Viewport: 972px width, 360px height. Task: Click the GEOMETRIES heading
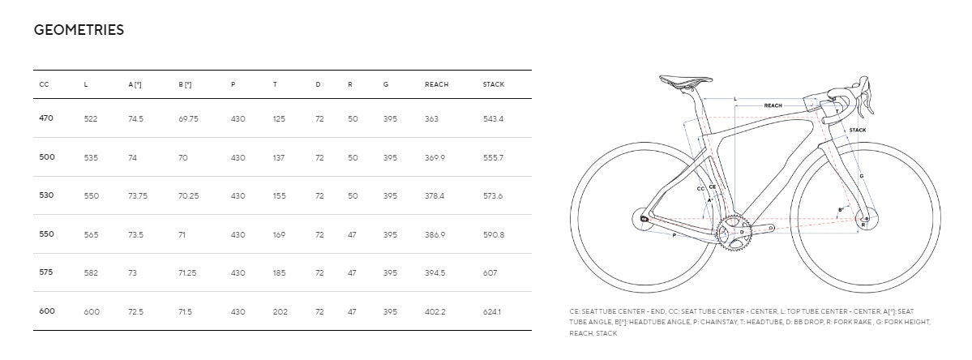tap(79, 30)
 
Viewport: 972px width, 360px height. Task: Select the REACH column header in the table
tap(436, 84)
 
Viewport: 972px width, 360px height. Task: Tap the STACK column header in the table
tap(494, 84)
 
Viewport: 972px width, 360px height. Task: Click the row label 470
tap(46, 118)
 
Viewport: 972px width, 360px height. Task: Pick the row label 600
tap(47, 311)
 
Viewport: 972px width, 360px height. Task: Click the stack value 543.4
tap(494, 118)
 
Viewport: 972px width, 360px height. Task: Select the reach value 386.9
tap(435, 235)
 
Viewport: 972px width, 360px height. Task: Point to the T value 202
tap(280, 311)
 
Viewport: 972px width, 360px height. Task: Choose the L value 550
tap(91, 195)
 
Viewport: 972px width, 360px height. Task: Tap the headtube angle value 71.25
tap(187, 273)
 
